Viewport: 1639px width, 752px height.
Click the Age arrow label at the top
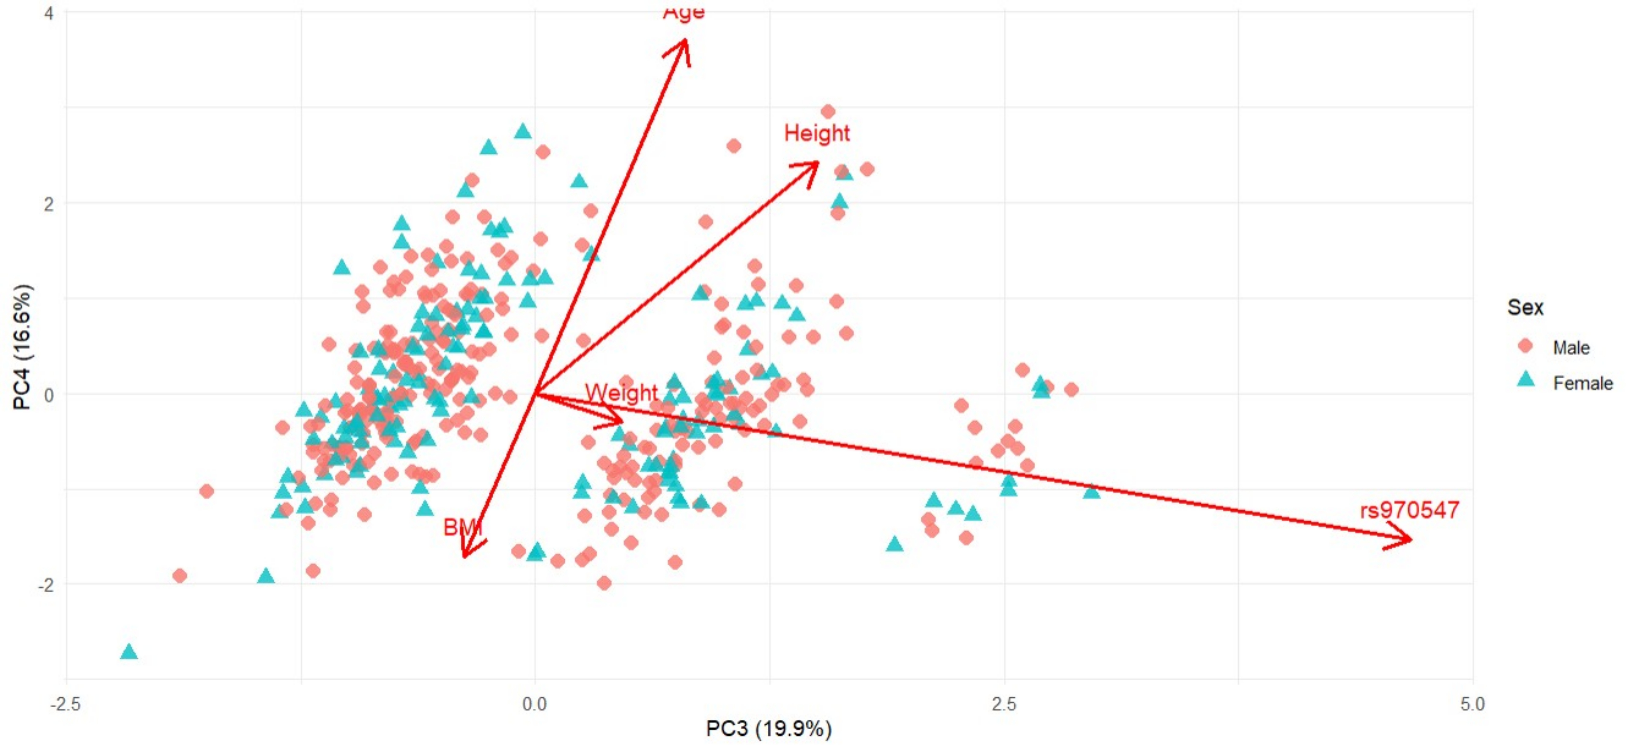(683, 12)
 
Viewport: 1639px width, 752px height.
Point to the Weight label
(621, 393)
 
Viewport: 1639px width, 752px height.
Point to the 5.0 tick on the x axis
(1472, 704)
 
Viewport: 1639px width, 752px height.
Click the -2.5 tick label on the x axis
(66, 704)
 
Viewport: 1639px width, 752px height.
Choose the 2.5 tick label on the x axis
(1004, 704)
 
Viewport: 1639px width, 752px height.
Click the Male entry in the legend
(1570, 347)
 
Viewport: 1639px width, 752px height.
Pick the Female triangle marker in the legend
(1526, 380)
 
